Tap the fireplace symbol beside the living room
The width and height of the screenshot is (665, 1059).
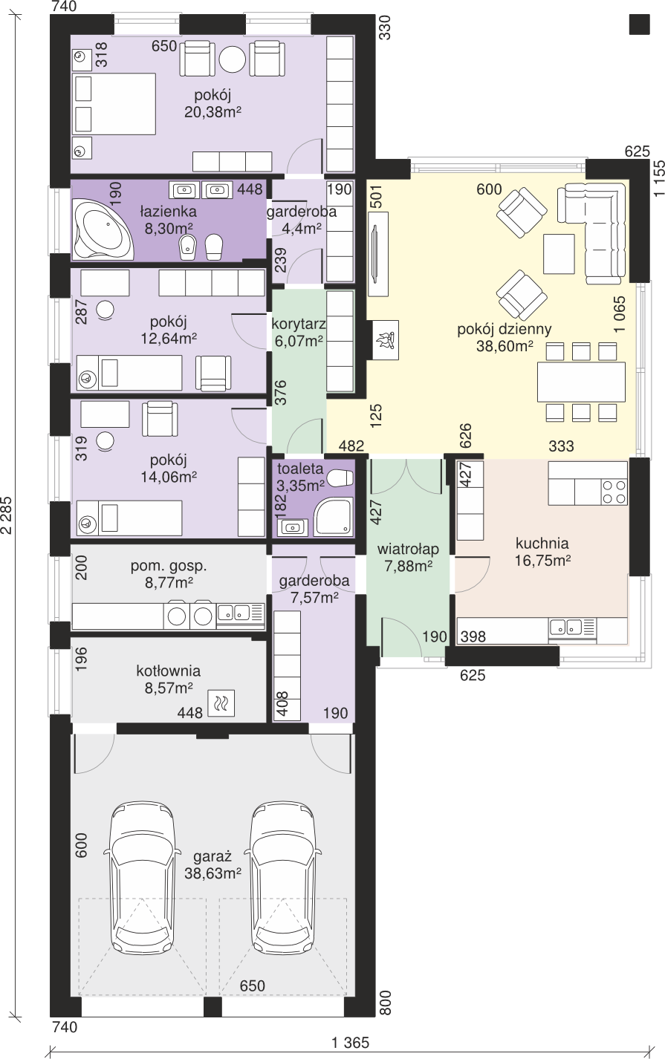pos(386,340)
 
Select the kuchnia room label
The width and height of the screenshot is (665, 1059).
pos(542,543)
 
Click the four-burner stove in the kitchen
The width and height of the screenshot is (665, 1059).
pos(614,492)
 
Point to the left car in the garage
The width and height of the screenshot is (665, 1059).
pos(142,884)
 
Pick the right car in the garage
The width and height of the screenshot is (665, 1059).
pos(283,884)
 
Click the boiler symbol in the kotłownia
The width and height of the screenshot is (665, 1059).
pos(221,703)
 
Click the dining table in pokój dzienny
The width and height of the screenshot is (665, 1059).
pos(581,382)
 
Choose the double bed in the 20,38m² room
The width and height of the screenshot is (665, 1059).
pos(114,104)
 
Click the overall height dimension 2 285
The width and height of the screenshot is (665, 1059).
pos(7,515)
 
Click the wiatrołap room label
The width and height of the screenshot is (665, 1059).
pos(408,549)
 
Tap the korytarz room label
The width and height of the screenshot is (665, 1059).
pos(299,324)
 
